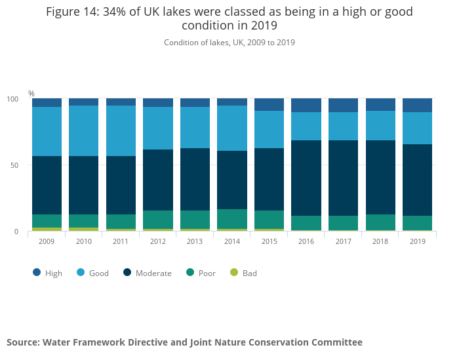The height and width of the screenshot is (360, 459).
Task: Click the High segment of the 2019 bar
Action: [x=417, y=106]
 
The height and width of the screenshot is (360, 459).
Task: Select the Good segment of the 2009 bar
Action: [x=47, y=131]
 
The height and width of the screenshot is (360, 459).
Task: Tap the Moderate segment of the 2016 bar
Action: [x=306, y=178]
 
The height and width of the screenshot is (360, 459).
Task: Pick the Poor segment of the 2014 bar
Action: [x=232, y=219]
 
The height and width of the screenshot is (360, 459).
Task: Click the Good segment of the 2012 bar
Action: [x=158, y=128]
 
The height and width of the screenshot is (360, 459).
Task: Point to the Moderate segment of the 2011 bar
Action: [x=121, y=185]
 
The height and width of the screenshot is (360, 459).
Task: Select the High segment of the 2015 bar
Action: [x=269, y=105]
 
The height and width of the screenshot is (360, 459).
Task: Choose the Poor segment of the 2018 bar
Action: [x=380, y=222]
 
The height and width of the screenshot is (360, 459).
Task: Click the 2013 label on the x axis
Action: [x=195, y=242]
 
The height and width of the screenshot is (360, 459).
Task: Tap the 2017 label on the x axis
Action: [x=343, y=242]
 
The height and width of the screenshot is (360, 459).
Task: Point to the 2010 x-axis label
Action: [x=84, y=242]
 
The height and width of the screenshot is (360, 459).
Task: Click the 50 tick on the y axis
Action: [x=14, y=165]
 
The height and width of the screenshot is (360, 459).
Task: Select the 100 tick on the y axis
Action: [x=12, y=99]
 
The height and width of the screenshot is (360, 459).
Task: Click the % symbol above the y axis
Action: [x=31, y=94]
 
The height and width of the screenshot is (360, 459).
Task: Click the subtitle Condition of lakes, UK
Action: [x=229, y=43]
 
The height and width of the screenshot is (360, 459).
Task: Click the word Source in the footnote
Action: [x=22, y=342]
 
